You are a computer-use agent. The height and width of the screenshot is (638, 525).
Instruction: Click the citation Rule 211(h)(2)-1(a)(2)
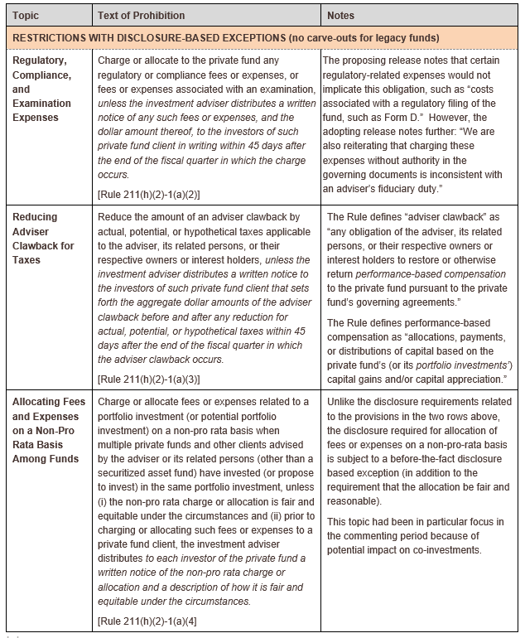click(149, 194)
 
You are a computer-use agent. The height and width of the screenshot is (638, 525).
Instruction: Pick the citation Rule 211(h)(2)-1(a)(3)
click(149, 379)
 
